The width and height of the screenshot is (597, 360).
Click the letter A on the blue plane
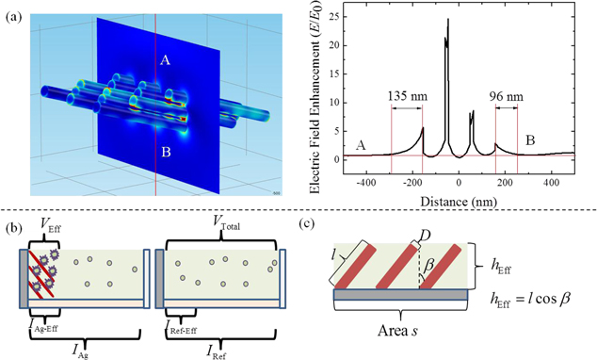(165, 60)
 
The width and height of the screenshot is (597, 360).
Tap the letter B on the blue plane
(165, 148)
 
